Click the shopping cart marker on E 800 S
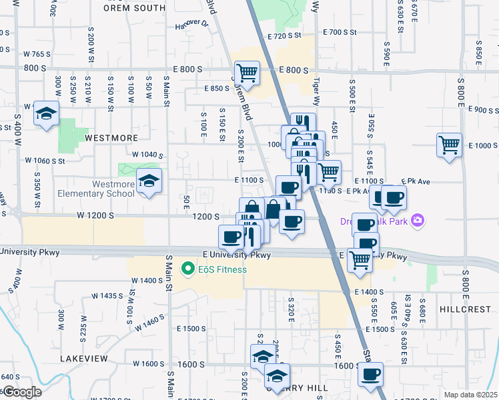tap(247, 73)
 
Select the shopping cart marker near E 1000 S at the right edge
tap(450, 145)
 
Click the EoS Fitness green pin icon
tap(188, 269)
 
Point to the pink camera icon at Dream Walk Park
tap(418, 220)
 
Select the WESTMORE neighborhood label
tap(111, 138)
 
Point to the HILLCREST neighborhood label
tap(465, 310)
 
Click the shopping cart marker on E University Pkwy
tap(360, 259)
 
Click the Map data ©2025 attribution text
tap(470, 395)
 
